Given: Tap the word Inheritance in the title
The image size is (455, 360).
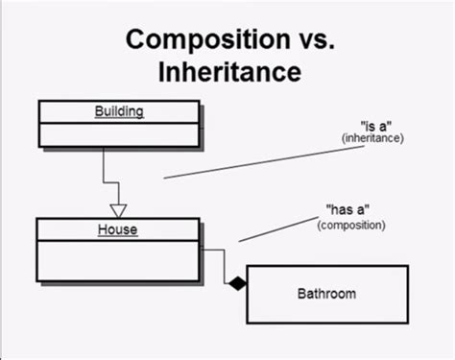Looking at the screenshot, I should pyautogui.click(x=227, y=71).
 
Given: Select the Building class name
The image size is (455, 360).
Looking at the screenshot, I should pyautogui.click(x=119, y=111).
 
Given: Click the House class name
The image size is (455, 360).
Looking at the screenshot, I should pyautogui.click(x=118, y=229).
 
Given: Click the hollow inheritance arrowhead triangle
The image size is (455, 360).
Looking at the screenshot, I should pyautogui.click(x=118, y=209).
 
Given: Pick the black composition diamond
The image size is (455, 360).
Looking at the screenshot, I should pyautogui.click(x=236, y=283).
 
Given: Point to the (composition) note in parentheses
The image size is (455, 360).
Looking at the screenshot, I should pyautogui.click(x=350, y=226).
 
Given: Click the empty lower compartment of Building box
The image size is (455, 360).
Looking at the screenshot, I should pyautogui.click(x=118, y=133).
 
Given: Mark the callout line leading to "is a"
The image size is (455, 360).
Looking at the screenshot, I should pyautogui.click(x=250, y=162).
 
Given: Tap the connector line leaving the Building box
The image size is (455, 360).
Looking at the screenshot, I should pyautogui.click(x=103, y=168).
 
